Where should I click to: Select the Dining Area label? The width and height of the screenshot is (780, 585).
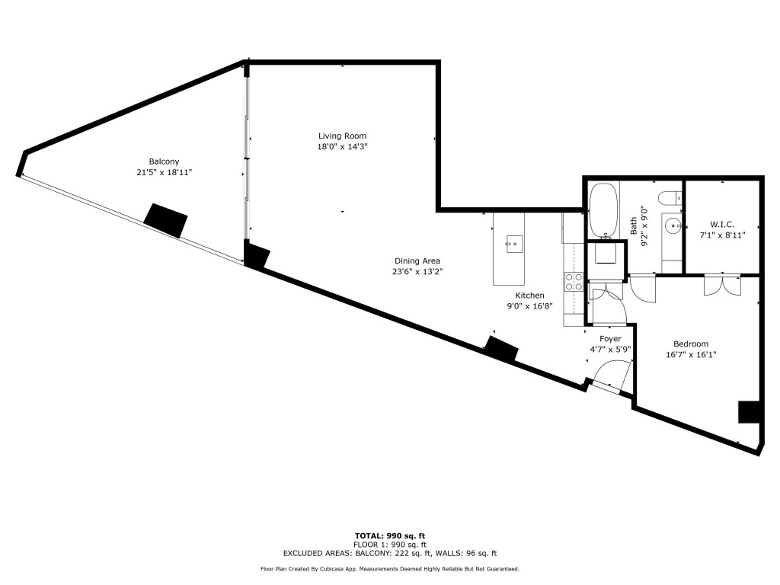416,261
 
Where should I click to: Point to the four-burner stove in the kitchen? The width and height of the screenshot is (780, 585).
574,282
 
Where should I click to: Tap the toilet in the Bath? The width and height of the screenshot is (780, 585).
670,200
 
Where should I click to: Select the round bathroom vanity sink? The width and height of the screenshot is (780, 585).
672,225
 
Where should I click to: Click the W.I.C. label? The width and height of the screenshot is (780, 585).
721,224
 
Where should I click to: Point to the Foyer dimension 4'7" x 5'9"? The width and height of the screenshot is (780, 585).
610,350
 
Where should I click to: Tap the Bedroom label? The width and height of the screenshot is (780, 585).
691,344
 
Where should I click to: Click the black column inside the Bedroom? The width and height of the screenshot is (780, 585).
750,411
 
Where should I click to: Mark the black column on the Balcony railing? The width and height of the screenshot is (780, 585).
166,219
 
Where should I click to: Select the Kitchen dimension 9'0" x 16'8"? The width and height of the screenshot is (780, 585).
529,306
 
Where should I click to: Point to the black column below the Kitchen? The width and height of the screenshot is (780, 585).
501,349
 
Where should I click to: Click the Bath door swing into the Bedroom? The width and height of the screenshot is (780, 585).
641,289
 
